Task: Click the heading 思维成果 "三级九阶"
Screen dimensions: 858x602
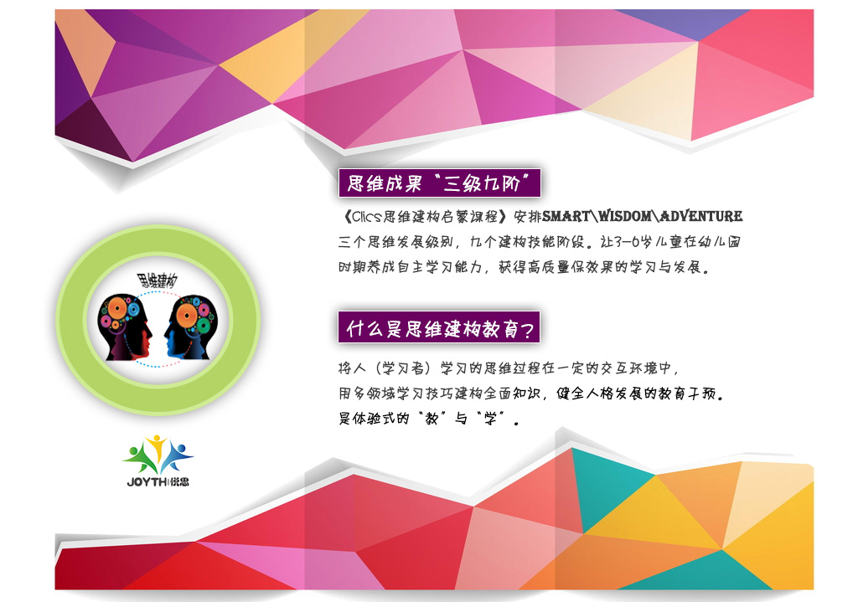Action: coord(439,183)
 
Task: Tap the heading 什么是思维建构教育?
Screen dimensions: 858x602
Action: coord(440,328)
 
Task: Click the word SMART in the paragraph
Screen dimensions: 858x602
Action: coord(566,217)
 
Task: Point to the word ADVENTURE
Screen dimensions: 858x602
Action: coord(701,217)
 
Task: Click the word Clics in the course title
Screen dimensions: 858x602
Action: coord(366,217)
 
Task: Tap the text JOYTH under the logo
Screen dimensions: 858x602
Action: coord(147,481)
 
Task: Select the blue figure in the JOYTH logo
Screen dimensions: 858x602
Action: coord(176,455)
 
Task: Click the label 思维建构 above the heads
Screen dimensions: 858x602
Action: coord(157,281)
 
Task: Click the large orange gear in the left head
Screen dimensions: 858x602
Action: coord(117,309)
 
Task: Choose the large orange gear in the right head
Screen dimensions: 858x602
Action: coord(187,315)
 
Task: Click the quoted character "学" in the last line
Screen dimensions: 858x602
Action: coord(490,419)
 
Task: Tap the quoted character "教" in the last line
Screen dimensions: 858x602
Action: coord(432,419)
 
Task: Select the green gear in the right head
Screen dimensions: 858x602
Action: coord(203,327)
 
